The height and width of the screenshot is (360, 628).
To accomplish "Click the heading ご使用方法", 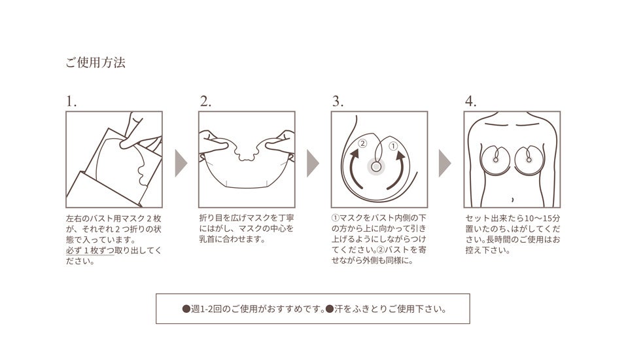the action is [x=95, y=63].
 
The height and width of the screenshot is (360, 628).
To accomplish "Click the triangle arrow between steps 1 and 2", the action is [x=180, y=162].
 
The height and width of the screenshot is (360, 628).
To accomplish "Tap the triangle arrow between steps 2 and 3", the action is [x=313, y=162].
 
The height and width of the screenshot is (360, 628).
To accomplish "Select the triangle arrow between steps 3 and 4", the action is [x=445, y=162].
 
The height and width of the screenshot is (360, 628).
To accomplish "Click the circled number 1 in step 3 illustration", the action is [x=393, y=146].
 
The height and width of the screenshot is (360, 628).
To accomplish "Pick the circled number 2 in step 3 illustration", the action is [x=363, y=143].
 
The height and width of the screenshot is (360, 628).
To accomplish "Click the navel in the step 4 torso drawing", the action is [x=512, y=198].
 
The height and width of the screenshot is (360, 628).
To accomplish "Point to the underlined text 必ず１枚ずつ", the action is [x=90, y=251].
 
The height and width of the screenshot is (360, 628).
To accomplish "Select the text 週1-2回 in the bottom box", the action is [x=207, y=308].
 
